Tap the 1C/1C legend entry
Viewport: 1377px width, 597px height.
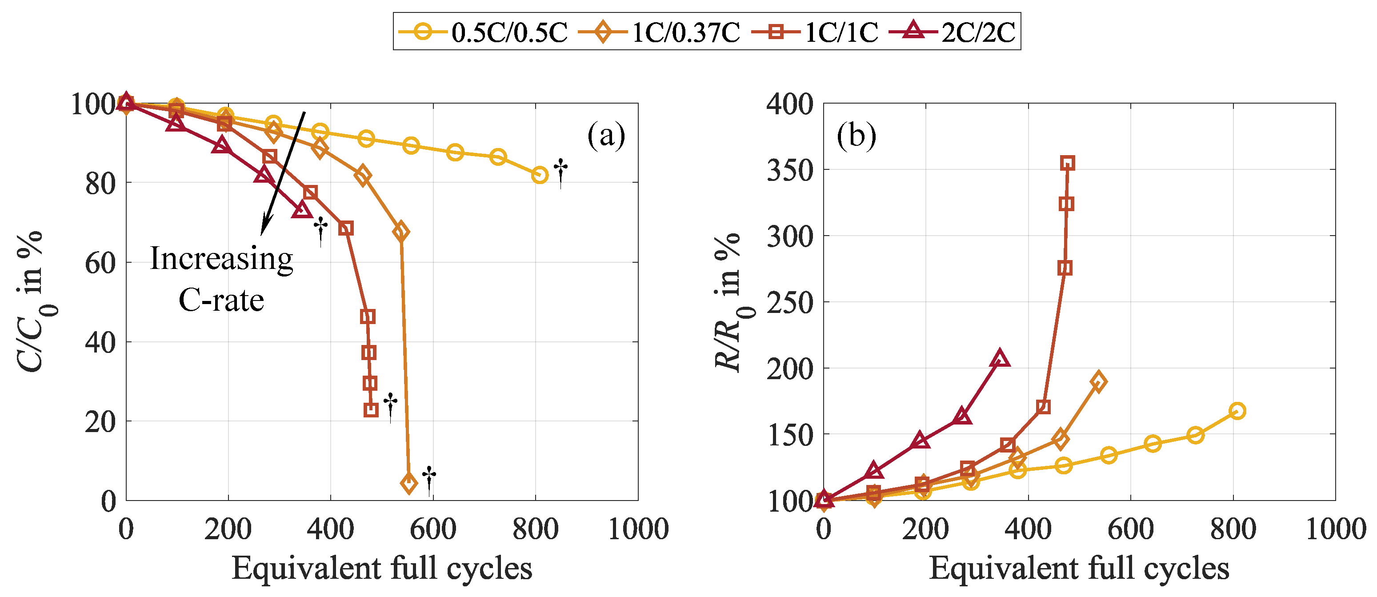[815, 32]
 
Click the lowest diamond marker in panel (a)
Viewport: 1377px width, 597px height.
[409, 483]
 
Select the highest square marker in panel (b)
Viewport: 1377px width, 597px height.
[1068, 163]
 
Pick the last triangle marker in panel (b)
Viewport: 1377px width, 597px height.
[1000, 359]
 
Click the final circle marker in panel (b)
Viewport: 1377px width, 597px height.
[1237, 410]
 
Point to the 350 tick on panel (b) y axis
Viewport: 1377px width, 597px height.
[789, 170]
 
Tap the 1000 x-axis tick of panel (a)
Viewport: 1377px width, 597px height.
[638, 529]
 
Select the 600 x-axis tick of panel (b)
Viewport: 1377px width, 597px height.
[1130, 529]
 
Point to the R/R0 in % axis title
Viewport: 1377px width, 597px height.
[729, 302]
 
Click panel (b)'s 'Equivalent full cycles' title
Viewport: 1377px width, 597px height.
[1079, 568]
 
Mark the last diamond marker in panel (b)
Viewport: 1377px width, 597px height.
[1098, 381]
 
